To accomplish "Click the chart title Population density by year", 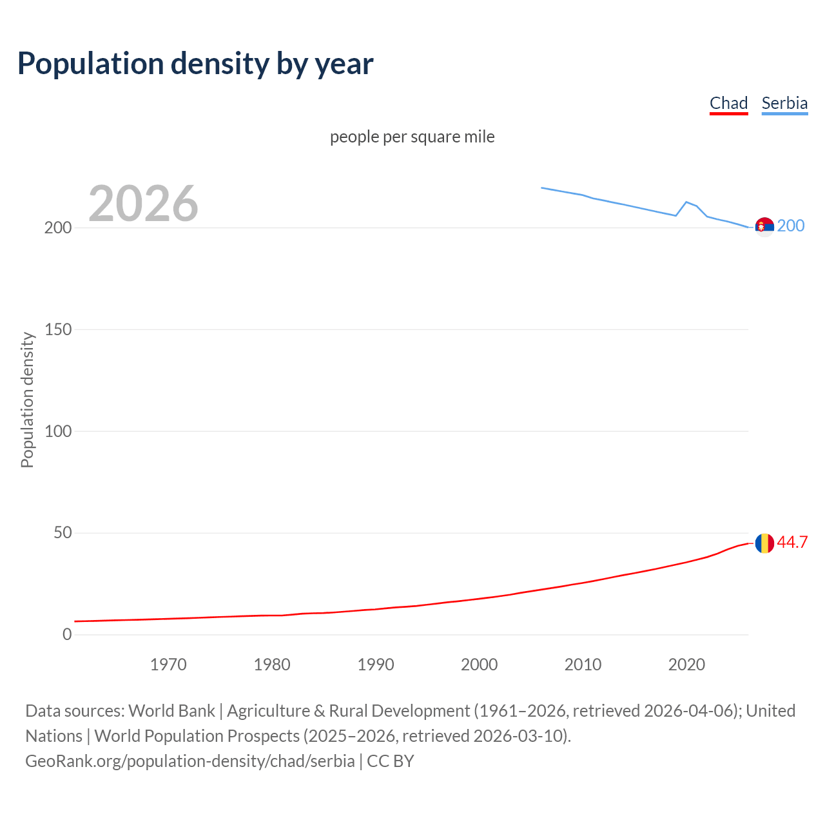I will point(195,64).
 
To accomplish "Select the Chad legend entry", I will point(728,103).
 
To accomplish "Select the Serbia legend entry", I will point(784,103).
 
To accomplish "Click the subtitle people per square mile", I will point(412,137).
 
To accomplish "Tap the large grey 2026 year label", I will point(143,204).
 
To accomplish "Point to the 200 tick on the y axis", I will point(58,228).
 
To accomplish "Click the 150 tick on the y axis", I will point(58,329).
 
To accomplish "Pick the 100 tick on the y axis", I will point(58,431).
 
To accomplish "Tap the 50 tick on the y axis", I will point(62,533).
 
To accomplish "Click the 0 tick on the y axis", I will point(67,635).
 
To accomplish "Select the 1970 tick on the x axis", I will point(168,665).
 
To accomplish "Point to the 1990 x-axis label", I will point(376,665).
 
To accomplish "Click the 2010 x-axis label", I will point(583,665).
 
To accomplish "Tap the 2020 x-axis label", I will point(686,665).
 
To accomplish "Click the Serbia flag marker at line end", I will point(764,227).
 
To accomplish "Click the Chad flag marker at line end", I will point(764,543).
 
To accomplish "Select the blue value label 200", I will point(791,226).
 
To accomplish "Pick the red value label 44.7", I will point(792,542).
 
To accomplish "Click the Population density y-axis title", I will point(27,400).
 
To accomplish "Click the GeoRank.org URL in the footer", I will point(190,761).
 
